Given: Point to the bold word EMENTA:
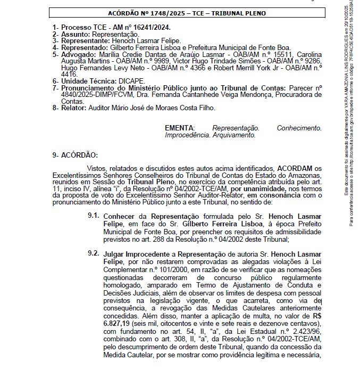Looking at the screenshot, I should (180, 128).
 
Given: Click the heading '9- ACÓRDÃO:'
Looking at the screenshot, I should (75, 155).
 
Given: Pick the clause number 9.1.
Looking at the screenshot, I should (94, 217).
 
